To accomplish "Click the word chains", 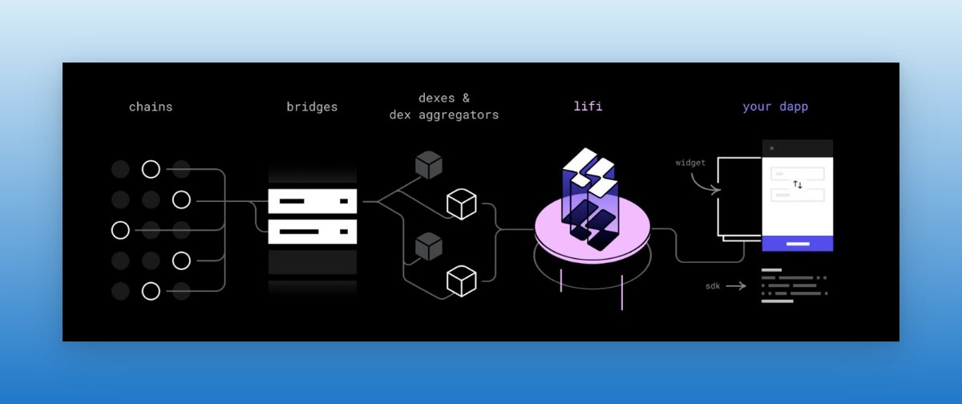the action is pos(151,107).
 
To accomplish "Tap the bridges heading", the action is pos(312,107).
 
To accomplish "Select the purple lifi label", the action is pos(588,107).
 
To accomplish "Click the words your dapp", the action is pos(775,107).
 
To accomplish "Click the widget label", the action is pos(690,163).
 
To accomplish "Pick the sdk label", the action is pos(713,285).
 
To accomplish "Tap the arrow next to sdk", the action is pos(736,285).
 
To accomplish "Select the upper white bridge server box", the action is pos(312,201).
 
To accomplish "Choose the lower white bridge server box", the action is pos(312,232).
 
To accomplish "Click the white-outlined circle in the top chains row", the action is pos(151,169).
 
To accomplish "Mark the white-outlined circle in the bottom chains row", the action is pos(151,291).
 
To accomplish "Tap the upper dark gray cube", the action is pos(429,165).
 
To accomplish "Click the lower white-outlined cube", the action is pos(462,280).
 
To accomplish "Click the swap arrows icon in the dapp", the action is pos(798,184).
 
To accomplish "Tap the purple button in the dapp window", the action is pos(798,243).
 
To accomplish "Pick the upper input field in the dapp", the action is pos(798,173).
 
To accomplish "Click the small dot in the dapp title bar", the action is pos(772,148).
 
